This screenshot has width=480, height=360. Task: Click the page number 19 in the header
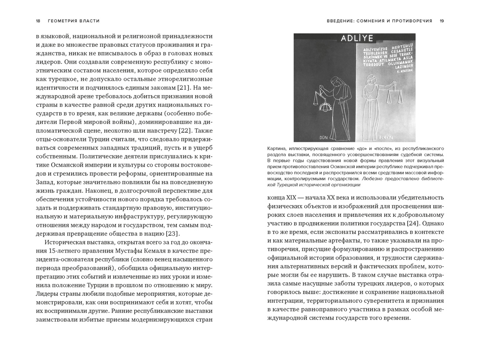click(442, 21)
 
